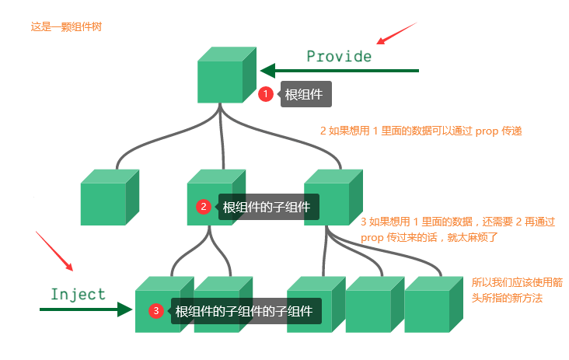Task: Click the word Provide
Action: coord(339,57)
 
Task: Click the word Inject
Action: coord(78,295)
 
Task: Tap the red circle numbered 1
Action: coord(266,94)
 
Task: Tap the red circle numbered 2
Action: coord(204,207)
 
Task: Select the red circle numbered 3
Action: coord(156,311)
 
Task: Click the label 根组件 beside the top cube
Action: coord(305,95)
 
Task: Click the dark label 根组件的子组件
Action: coord(267,207)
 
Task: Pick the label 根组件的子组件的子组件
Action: coord(244,311)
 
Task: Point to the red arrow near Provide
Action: coord(396,33)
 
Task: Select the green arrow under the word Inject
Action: coord(86,309)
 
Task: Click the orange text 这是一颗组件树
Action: coord(66,26)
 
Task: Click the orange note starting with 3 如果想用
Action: coord(458,229)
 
